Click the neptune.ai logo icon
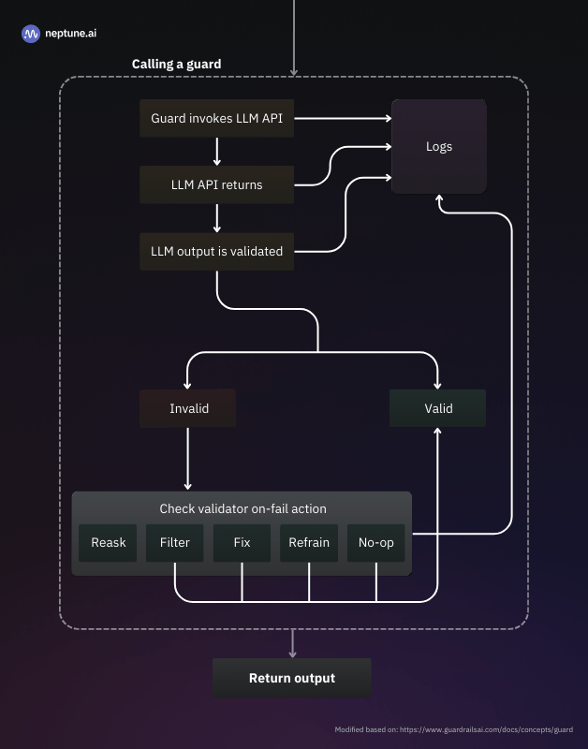(31, 34)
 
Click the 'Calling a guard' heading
(176, 64)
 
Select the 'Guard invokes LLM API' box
(216, 119)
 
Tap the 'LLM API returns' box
(216, 184)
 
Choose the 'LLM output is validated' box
(216, 251)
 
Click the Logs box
(438, 146)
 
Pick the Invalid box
(188, 408)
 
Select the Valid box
(438, 408)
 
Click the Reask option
(108, 543)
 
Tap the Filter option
(175, 543)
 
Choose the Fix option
(242, 543)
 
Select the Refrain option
(309, 543)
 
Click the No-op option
(375, 543)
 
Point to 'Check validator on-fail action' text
(243, 508)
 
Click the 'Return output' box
(292, 678)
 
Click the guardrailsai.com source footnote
(454, 729)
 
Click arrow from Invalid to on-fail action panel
(188, 459)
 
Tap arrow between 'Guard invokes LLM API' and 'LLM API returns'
(216, 152)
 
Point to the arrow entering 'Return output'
(292, 643)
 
